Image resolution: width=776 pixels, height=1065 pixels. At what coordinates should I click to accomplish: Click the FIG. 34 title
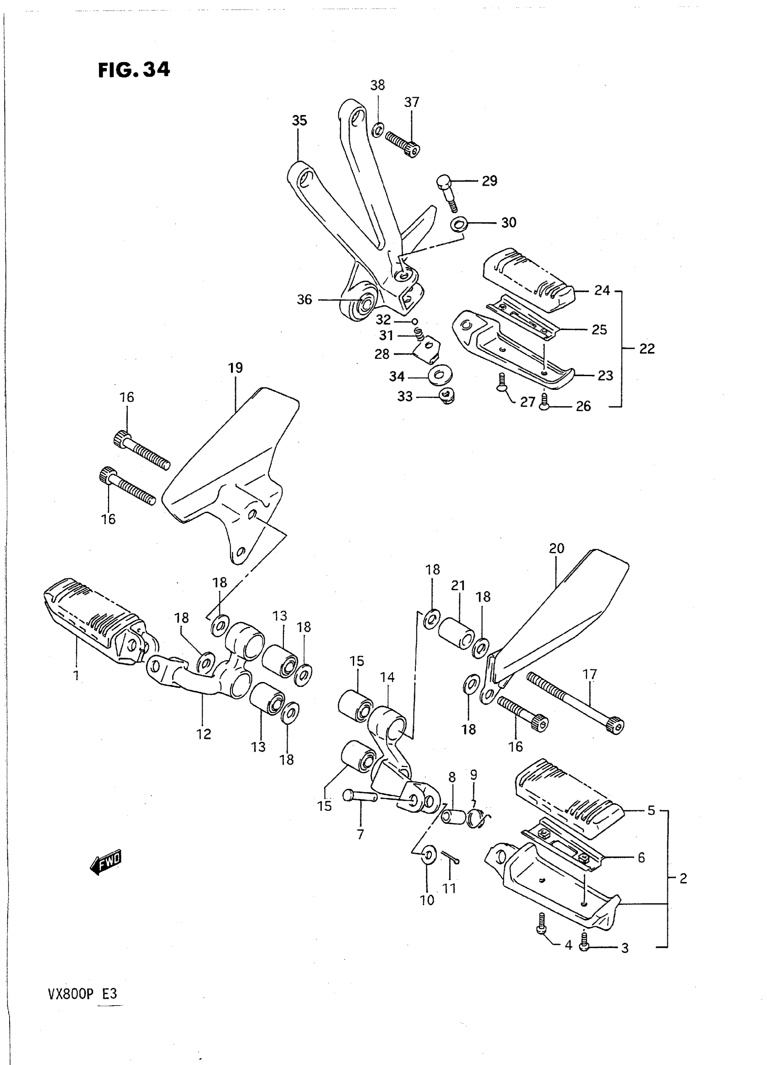[x=134, y=70]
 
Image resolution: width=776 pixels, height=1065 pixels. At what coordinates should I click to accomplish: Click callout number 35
[x=299, y=121]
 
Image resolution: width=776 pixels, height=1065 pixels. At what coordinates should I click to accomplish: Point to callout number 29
[x=489, y=181]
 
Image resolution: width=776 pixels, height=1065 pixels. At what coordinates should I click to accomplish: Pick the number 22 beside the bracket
[x=647, y=349]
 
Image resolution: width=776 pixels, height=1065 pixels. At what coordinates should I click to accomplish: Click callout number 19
[x=236, y=368]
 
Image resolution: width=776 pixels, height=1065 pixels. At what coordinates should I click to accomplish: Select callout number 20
[x=556, y=548]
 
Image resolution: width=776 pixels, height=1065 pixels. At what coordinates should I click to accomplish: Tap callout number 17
[x=589, y=675]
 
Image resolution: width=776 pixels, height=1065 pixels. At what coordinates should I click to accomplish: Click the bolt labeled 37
[x=403, y=143]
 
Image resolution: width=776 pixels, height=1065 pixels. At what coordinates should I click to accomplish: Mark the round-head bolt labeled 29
[x=447, y=191]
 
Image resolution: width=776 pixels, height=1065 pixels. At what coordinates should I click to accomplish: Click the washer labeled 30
[x=459, y=224]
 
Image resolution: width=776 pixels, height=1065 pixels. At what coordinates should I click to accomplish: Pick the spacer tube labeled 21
[x=456, y=633]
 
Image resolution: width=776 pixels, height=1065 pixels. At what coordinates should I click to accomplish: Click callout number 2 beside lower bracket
[x=683, y=878]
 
